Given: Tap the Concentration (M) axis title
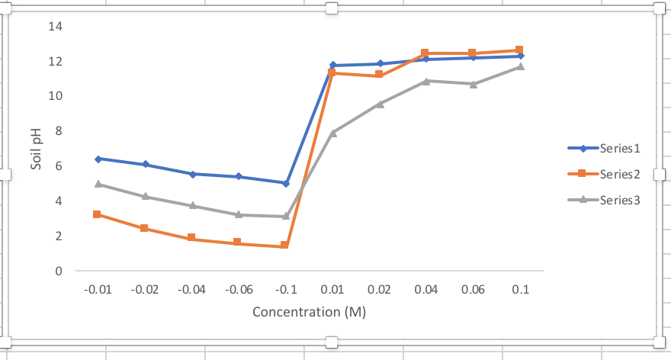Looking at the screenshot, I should click(x=309, y=311).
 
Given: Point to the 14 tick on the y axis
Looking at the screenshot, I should click(x=55, y=27).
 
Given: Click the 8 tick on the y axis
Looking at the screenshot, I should click(x=58, y=131).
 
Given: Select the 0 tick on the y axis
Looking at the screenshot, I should click(x=58, y=271).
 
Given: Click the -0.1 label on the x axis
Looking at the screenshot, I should click(x=285, y=290).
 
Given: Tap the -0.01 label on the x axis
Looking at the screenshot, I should click(x=97, y=290).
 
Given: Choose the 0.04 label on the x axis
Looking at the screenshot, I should click(x=425, y=290).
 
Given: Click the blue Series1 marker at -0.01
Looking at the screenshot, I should click(x=98, y=159).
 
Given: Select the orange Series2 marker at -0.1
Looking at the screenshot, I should click(x=284, y=246).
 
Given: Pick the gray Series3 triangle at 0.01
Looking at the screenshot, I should click(x=332, y=133).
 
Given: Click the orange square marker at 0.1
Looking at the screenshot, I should click(x=519, y=50).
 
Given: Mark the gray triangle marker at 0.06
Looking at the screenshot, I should click(x=473, y=84).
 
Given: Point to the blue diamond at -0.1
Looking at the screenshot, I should click(x=285, y=183).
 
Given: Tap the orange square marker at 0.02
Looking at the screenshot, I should click(x=379, y=75).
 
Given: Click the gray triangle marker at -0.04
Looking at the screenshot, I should click(x=191, y=205).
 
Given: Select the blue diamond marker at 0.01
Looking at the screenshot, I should click(x=332, y=66).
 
